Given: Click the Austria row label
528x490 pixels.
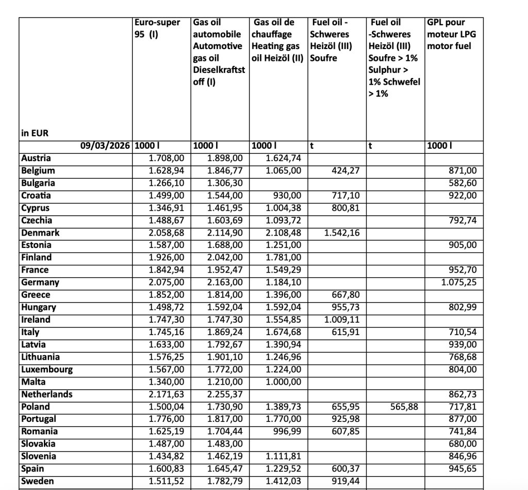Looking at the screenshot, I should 36,159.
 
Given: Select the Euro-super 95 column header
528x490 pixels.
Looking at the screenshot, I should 157,29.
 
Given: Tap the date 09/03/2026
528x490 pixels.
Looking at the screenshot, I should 106,146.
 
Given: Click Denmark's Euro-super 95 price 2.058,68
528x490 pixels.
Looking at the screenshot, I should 162,233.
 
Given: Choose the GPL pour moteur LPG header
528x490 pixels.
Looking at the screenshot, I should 449,34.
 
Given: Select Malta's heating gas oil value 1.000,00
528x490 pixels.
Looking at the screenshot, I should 283,382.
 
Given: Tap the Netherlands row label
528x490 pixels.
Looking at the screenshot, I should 47,394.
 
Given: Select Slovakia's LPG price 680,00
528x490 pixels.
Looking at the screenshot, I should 463,444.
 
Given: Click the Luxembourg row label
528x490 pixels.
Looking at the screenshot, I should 47,370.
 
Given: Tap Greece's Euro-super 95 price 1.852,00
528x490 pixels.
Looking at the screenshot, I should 162,295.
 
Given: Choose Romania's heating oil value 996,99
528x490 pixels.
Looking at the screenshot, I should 287,432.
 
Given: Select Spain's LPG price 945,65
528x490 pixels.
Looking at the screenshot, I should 463,469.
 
